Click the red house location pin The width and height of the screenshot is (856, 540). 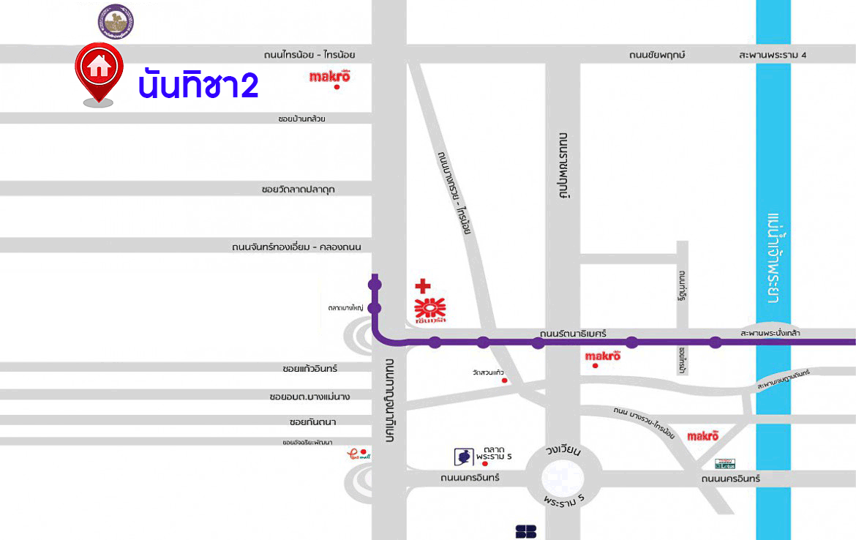click(x=98, y=70)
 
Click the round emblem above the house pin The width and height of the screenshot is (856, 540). click(x=116, y=20)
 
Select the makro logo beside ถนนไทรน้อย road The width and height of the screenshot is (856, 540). click(x=330, y=76)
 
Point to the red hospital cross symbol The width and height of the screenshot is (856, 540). click(x=422, y=286)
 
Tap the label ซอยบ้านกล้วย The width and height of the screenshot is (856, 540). click(x=301, y=119)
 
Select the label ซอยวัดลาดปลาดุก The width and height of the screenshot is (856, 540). click(x=298, y=190)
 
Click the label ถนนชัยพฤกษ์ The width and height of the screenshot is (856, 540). click(x=656, y=55)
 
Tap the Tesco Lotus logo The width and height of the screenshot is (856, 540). click(x=724, y=463)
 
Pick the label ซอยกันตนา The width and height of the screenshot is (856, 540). click(x=312, y=422)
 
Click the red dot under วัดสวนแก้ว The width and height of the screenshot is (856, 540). click(x=504, y=380)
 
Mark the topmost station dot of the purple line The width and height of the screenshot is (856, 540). click(x=375, y=285)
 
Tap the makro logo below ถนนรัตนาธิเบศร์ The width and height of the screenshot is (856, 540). click(x=603, y=356)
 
